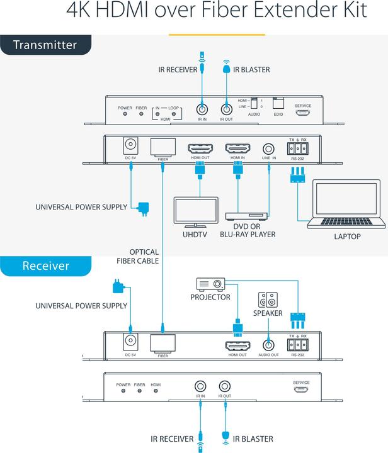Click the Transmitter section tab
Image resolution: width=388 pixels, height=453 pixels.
click(45, 45)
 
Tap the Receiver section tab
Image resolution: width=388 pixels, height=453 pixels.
click(45, 266)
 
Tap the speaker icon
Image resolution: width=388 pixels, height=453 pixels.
click(265, 300)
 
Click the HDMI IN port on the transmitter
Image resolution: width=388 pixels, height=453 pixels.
click(239, 150)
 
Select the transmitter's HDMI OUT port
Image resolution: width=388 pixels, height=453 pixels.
click(200, 150)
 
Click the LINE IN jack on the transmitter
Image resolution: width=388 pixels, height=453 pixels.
click(269, 150)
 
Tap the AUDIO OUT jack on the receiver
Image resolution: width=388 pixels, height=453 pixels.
click(269, 345)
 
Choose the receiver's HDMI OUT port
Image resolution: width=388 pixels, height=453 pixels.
click(239, 345)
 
